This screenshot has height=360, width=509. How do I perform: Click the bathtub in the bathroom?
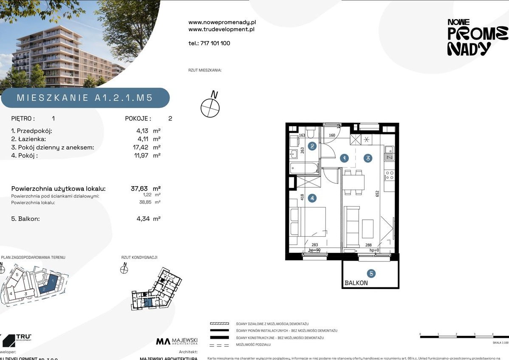click(x=304, y=168)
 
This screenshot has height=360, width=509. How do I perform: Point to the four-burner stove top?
click(x=389, y=175)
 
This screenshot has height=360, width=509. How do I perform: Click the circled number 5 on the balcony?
click(x=371, y=273)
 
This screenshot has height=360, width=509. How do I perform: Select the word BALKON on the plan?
click(x=356, y=283)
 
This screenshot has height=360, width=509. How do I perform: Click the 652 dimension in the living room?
click(x=377, y=194)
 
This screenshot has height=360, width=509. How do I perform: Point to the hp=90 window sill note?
click(x=314, y=250)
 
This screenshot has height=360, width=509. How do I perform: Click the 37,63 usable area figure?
click(x=140, y=188)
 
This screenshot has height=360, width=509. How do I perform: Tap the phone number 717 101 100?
click(x=209, y=43)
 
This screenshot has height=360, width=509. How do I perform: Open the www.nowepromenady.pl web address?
click(x=222, y=22)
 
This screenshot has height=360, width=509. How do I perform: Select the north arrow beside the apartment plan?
click(x=210, y=105)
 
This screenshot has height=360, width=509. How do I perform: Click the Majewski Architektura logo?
click(x=177, y=341)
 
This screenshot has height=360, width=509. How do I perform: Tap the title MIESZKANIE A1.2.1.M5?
click(x=85, y=98)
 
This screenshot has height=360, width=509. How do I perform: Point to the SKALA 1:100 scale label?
click(x=500, y=343)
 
